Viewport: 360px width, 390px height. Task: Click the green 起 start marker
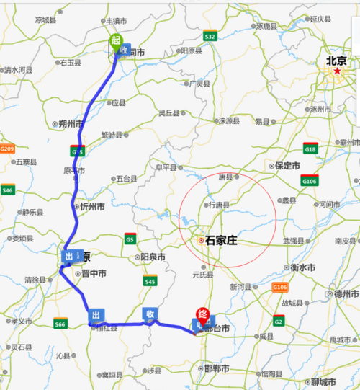(x=114, y=41)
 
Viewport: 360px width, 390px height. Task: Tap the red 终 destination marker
(x=203, y=314)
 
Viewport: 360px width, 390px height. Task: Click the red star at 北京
(x=337, y=71)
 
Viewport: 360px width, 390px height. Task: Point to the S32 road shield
(x=210, y=35)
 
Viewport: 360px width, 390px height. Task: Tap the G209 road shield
(x=7, y=149)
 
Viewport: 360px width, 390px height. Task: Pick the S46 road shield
(x=8, y=190)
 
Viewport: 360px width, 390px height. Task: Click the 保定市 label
(x=286, y=165)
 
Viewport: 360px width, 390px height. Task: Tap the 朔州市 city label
(x=71, y=124)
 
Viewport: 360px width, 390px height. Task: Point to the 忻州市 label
(x=92, y=206)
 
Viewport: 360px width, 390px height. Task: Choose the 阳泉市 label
(x=151, y=257)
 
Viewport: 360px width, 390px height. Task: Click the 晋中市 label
(x=93, y=274)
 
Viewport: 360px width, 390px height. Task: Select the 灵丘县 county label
(x=171, y=112)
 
